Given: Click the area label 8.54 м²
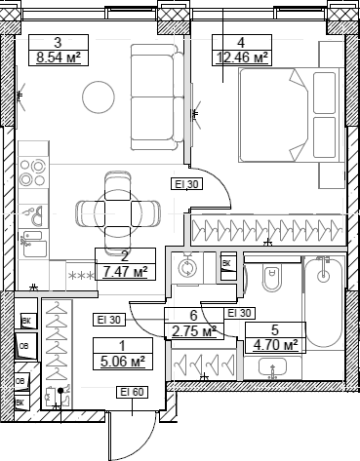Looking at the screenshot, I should coord(58,58).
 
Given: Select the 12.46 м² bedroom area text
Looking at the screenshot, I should coord(240,58).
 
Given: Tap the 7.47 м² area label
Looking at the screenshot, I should coord(125,271).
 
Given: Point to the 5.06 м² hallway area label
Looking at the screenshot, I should coord(123,362).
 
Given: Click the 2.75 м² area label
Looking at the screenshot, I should coord(193,331).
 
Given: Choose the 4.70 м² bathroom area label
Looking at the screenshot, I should coord(275,344).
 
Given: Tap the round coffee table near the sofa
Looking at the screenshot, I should coord(100,95).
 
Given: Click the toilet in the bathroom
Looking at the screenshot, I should coord(271,280).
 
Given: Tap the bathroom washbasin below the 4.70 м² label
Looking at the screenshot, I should coord(275,368).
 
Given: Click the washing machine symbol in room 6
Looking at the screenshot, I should coord(189,264).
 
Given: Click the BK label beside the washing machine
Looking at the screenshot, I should coord(225,263).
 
